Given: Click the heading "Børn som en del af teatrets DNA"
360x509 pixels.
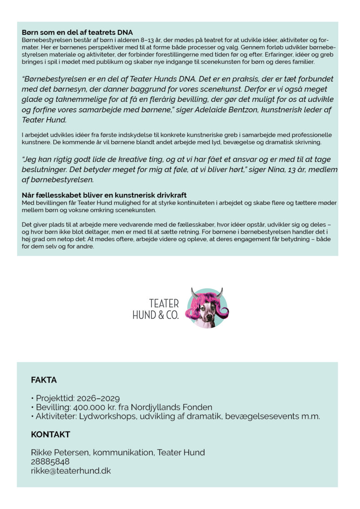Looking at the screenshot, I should pos(77,32).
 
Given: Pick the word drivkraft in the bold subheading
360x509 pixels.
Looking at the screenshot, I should pos(171,195).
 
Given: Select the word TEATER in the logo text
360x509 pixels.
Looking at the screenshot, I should pos(164,304).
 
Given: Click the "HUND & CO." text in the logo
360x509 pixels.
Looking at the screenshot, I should pos(155,315).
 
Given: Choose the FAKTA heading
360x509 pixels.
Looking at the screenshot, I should pos(44,380).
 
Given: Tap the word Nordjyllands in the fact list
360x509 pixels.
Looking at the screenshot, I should pos(160,408).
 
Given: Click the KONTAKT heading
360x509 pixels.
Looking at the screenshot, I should pos(50,435).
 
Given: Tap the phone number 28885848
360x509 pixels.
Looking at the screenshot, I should pos(50,462).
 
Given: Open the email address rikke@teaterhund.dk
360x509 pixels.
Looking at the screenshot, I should pos(71,471).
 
